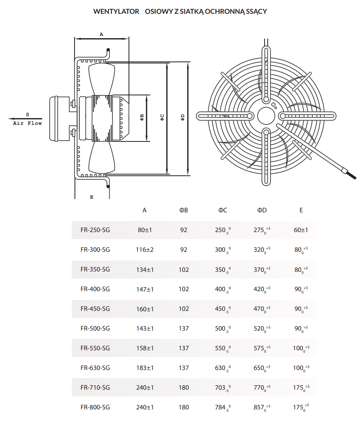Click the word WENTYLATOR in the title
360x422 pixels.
[116, 11]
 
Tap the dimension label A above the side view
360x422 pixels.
[101, 34]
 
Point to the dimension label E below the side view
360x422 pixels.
[91, 197]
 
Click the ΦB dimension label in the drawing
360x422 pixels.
[142, 117]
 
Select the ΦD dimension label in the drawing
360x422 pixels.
[183, 117]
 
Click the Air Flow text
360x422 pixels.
[27, 123]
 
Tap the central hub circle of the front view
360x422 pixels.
[266, 116]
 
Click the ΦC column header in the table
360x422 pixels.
[223, 210]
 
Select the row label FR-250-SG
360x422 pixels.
[95, 230]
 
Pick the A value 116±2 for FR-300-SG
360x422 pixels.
[145, 249]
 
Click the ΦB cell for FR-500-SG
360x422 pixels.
[184, 328]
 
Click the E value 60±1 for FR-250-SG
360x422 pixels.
[301, 230]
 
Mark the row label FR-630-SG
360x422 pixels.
[95, 368]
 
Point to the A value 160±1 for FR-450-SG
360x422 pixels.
[145, 309]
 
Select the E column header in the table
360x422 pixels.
[301, 210]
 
